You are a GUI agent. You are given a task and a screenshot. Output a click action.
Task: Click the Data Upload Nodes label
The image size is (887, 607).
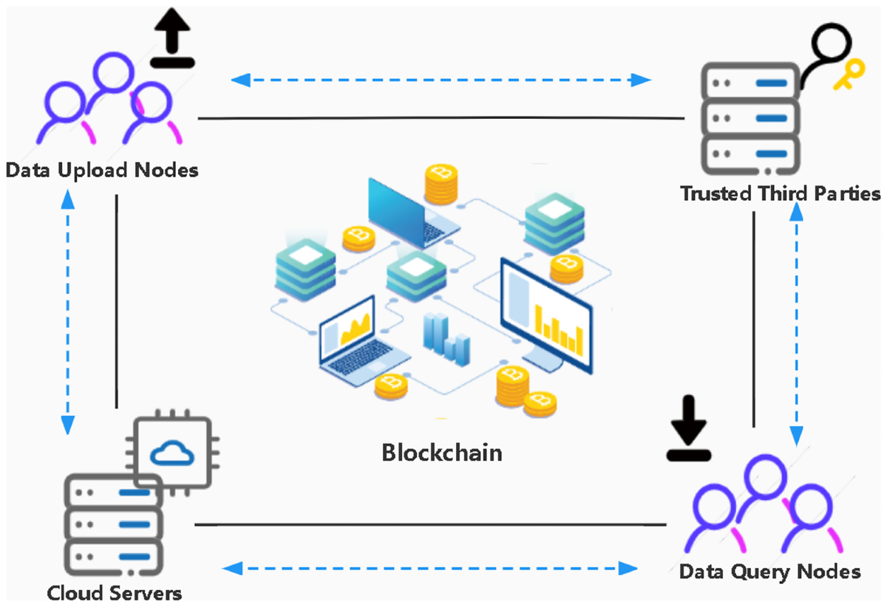click(102, 171)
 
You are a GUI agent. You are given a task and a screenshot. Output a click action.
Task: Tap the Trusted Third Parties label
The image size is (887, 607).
click(780, 194)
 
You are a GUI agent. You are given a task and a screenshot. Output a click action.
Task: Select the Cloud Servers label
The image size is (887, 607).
click(115, 593)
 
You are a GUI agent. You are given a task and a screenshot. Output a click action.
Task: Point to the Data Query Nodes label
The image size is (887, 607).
click(769, 572)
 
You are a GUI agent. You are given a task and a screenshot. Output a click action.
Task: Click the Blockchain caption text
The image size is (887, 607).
click(441, 452)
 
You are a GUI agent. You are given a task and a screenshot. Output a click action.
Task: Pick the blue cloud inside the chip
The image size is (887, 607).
click(171, 451)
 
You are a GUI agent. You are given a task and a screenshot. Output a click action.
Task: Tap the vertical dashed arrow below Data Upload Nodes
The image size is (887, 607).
click(68, 311)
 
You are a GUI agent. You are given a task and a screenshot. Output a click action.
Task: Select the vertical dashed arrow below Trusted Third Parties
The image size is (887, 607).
click(797, 322)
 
